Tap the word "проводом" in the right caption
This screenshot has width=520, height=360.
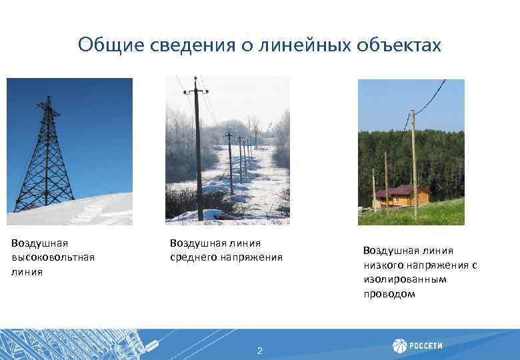(389, 294)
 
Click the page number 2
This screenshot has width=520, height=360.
(260, 351)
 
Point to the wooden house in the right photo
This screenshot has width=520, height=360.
(402, 196)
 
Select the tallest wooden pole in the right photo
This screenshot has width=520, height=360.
(415, 167)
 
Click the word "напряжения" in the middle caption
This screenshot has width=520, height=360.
(257, 257)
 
